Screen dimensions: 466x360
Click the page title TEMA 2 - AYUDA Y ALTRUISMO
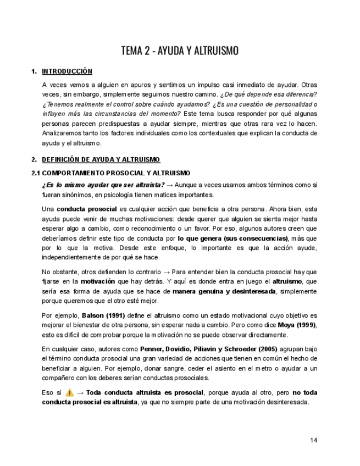[x=180, y=51]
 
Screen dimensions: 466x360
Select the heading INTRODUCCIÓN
[x=67, y=71]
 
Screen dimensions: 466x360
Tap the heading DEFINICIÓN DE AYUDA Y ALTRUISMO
[x=101, y=160]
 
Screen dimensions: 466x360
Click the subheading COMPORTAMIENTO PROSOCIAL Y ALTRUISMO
[x=116, y=173]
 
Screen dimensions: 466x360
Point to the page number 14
[x=313, y=440]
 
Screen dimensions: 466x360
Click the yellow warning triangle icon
[x=69, y=392]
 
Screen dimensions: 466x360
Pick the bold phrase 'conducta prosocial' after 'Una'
[x=87, y=209]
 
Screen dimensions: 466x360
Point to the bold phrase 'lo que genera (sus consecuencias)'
[x=233, y=238]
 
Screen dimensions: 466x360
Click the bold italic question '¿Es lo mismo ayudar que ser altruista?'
[x=103, y=185]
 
